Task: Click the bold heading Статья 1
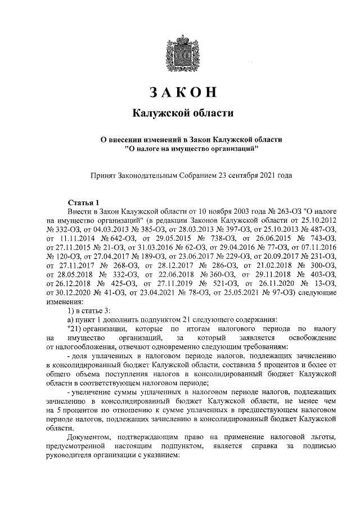coord(83,202)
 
